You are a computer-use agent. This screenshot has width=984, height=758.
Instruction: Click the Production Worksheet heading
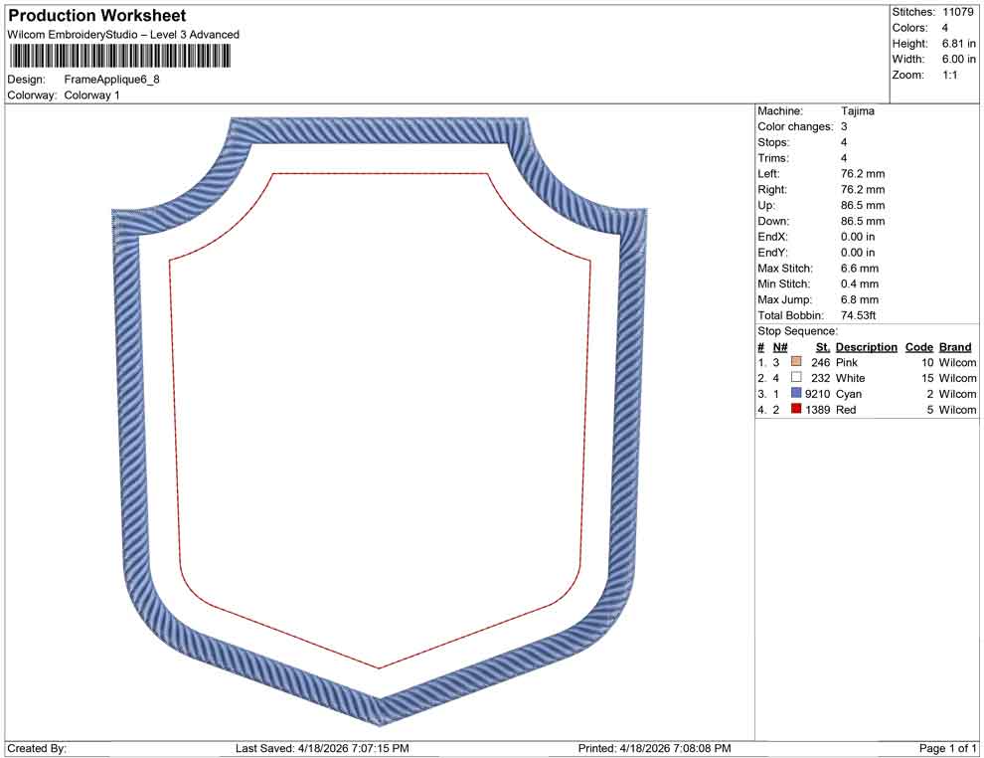(97, 16)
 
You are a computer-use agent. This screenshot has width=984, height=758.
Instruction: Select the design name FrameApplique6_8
(111, 79)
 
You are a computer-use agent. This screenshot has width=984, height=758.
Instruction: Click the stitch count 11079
(958, 12)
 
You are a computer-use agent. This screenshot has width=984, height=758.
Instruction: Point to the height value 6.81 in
(958, 44)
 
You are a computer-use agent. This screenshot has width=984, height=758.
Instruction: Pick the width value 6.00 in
(958, 60)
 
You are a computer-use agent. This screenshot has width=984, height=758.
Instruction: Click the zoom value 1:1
(949, 76)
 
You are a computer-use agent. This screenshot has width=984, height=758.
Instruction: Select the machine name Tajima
(858, 111)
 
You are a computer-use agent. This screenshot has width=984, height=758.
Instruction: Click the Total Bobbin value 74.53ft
(862, 315)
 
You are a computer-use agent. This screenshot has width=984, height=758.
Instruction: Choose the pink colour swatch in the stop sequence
(796, 363)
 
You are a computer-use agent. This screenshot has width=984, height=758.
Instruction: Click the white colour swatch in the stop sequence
(796, 378)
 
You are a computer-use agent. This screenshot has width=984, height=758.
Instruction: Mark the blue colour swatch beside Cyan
(796, 394)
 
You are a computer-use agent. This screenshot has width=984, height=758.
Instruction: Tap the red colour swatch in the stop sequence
(796, 410)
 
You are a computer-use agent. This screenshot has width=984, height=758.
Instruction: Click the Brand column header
(955, 347)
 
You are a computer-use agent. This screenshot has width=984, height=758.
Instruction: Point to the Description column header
(866, 347)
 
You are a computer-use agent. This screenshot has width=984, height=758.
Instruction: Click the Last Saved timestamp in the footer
(322, 748)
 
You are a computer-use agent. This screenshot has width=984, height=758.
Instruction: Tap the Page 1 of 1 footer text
(948, 748)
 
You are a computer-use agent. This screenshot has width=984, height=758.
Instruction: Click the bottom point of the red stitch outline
(379, 667)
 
